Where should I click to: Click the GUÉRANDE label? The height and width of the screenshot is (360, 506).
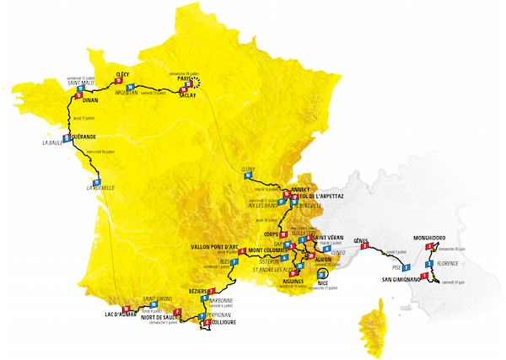coord(83,136)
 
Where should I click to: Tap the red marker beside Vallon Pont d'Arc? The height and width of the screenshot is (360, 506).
coord(243,251)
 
